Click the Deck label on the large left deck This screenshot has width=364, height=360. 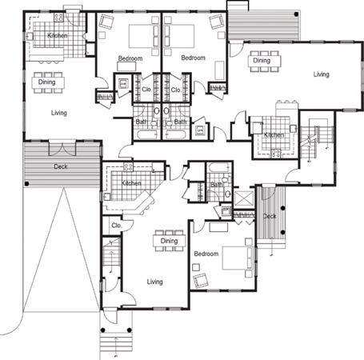(x=61, y=166)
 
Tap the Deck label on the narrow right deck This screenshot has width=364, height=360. (x=270, y=216)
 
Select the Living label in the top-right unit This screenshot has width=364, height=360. (x=321, y=74)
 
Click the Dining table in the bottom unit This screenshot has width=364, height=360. (x=169, y=241)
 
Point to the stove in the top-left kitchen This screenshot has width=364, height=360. (x=58, y=18)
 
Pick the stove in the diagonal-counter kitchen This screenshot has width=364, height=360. (x=128, y=167)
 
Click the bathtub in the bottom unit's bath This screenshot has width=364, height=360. (x=219, y=168)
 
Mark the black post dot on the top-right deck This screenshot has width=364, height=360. (x=296, y=14)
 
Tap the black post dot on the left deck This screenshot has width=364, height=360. (x=26, y=184)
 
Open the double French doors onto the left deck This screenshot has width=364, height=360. (x=62, y=148)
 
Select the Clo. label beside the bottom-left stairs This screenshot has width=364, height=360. (x=117, y=226)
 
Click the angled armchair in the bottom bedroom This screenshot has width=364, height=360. (x=201, y=280)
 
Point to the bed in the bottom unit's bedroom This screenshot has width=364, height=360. (x=238, y=258)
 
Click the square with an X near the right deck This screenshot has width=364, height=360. (x=244, y=198)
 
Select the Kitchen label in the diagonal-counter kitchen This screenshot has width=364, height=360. (x=131, y=183)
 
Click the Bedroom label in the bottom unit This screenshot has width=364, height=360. (x=206, y=254)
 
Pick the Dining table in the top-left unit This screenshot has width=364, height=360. (x=47, y=82)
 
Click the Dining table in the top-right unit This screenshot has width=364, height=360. (x=264, y=61)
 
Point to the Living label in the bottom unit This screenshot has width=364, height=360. (x=154, y=282)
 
